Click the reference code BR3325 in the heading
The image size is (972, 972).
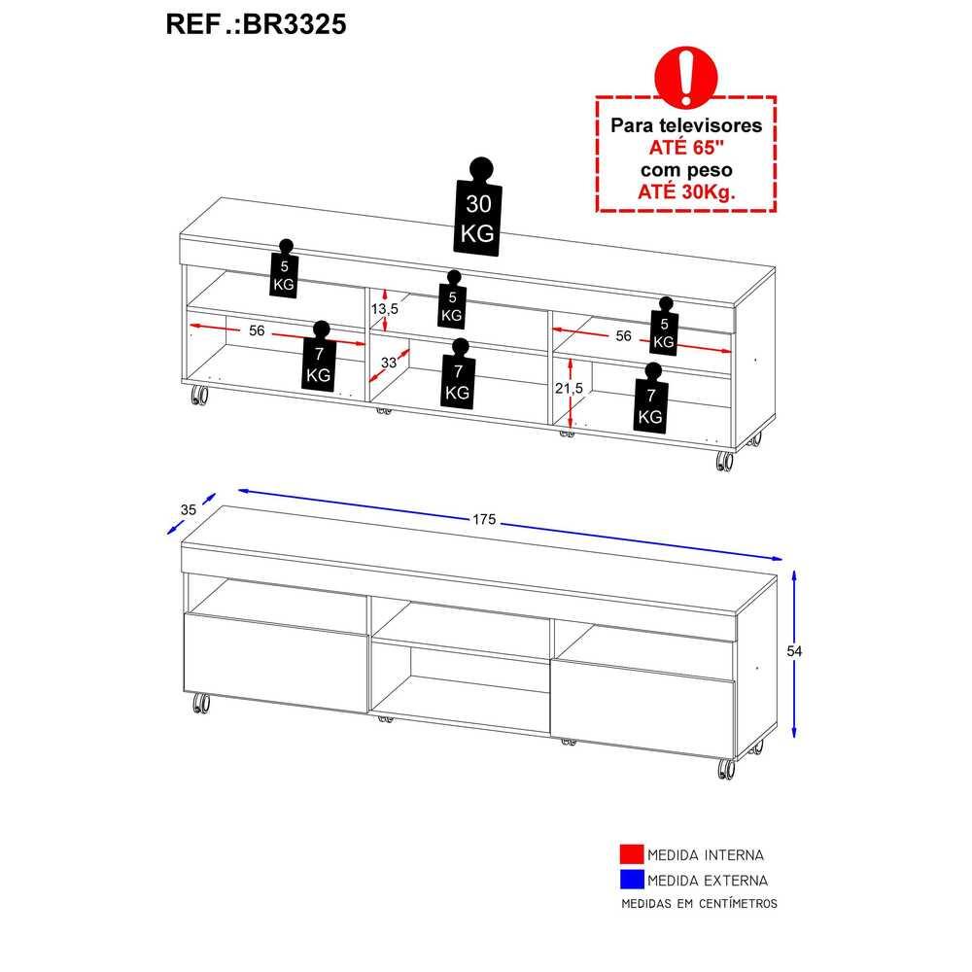[x=294, y=25]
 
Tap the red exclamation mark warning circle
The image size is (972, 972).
[x=685, y=77]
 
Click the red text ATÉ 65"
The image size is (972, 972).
[x=686, y=148]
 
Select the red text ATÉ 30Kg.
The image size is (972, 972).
[x=686, y=191]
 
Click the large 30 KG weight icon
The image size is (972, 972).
[x=478, y=206]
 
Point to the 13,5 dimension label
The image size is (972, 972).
[x=384, y=308]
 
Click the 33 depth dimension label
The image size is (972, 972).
[x=389, y=362]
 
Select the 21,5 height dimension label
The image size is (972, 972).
[x=569, y=388]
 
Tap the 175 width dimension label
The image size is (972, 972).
[x=484, y=519]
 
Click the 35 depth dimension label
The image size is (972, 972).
[x=189, y=509]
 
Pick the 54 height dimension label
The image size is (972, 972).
[x=794, y=651]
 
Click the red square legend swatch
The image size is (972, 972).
[x=632, y=854]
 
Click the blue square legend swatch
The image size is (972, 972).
[x=632, y=880]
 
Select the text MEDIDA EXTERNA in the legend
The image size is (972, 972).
[x=708, y=881]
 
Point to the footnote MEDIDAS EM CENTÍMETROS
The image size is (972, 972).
[x=699, y=904]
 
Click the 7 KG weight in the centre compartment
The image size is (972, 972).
[x=458, y=374]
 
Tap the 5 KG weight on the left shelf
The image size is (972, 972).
[x=284, y=269]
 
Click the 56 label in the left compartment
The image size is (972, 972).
[x=257, y=330]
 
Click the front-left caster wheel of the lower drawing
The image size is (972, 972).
[x=200, y=704]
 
